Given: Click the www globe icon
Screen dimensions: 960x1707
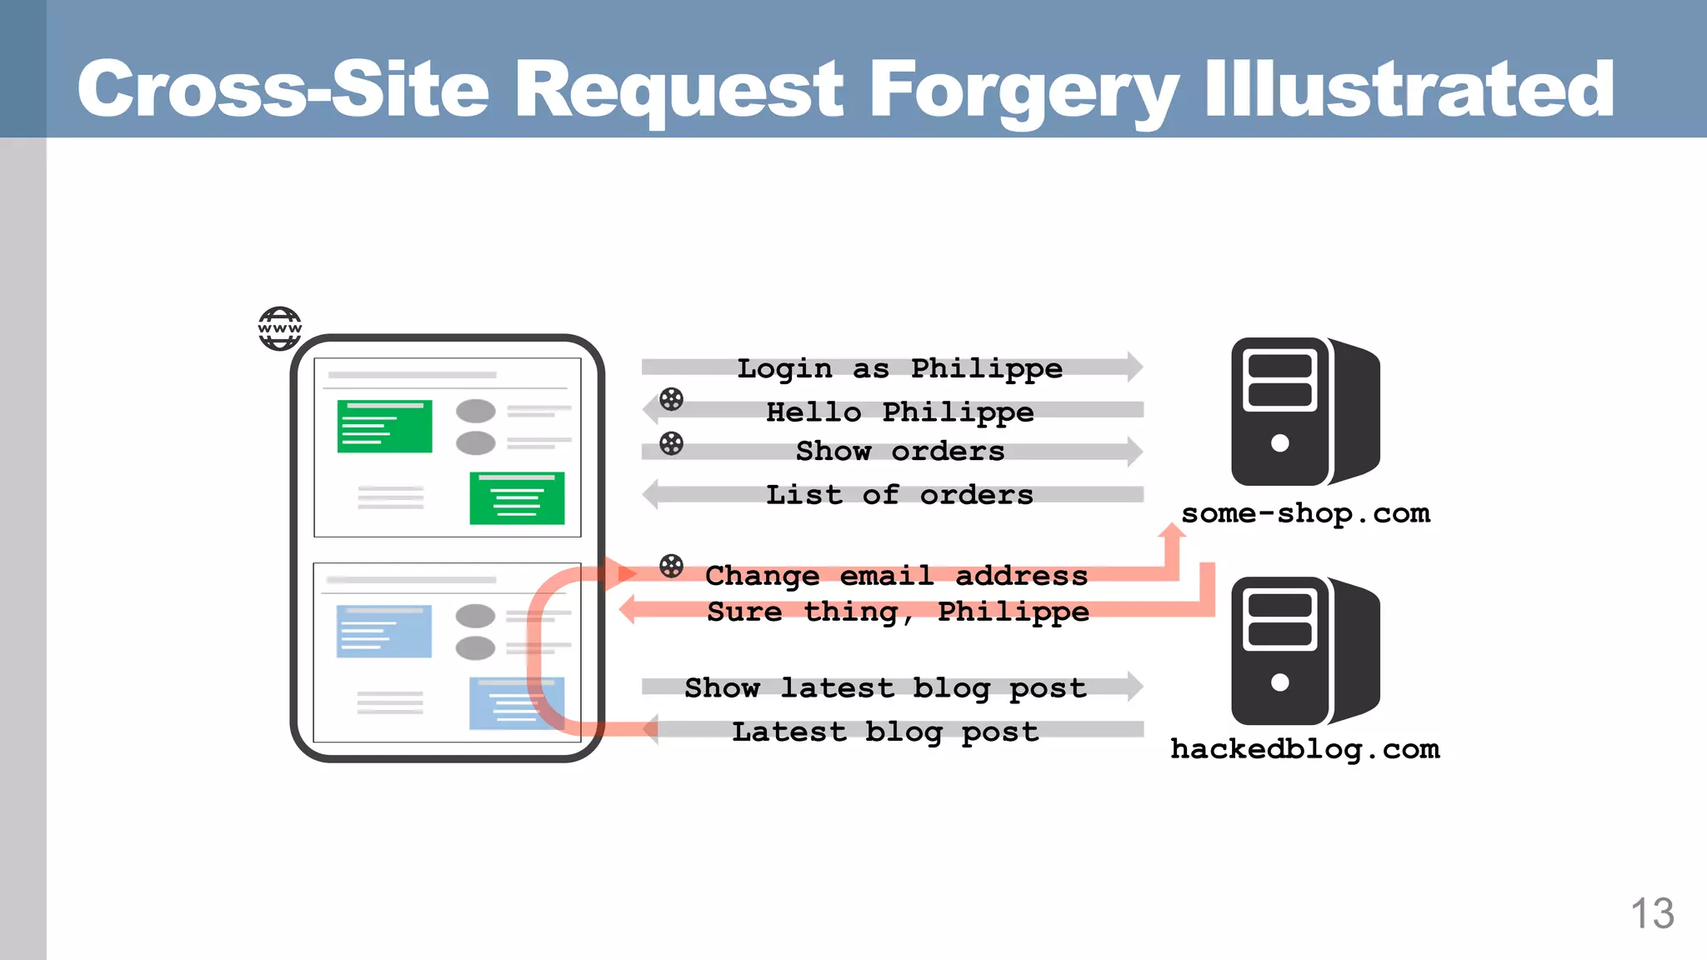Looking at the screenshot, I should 279,328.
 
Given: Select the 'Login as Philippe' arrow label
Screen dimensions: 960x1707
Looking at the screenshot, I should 899,367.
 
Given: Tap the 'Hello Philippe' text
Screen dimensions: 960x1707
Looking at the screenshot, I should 899,412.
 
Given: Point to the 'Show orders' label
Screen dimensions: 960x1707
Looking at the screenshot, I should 899,451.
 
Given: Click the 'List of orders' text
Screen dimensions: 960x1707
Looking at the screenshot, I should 899,495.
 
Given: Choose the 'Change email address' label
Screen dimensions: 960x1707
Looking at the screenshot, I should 896,575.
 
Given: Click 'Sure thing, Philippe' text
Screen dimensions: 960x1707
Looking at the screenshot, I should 898,612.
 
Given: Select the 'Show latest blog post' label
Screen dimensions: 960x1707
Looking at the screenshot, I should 885,687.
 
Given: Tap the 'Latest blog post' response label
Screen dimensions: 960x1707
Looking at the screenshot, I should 885,732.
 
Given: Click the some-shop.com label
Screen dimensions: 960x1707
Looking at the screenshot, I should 1305,513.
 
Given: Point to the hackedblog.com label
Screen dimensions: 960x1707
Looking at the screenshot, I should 1304,749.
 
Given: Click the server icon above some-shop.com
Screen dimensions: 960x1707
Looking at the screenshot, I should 1304,412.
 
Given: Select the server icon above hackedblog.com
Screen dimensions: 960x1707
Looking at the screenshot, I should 1304,651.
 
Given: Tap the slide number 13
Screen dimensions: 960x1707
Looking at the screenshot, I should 1651,913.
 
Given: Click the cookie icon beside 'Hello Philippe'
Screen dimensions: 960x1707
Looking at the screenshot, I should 671,399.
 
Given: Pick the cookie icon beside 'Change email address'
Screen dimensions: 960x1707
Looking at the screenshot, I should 671,567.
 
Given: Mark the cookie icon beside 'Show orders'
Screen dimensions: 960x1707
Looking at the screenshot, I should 671,443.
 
